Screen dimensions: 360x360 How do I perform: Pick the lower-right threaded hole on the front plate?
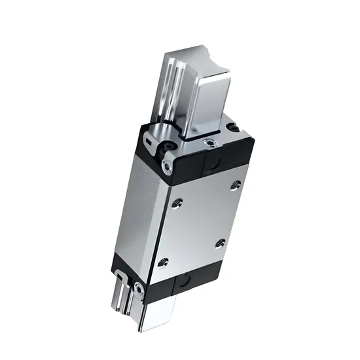220,244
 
